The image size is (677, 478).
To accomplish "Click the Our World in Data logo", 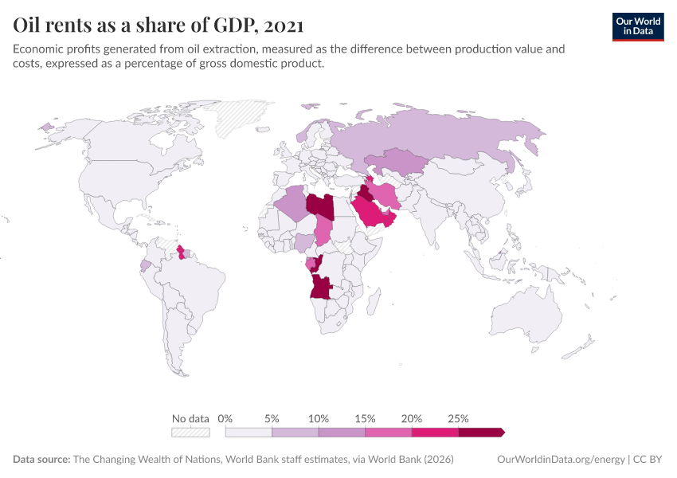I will click(x=638, y=26).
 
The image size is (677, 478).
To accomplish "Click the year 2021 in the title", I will click(x=282, y=25).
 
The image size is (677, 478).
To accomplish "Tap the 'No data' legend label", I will click(x=190, y=418).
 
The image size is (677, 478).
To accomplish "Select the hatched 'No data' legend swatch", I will click(x=190, y=432).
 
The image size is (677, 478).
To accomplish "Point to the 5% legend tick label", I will click(x=272, y=418).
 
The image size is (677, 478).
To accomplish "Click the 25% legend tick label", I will click(x=458, y=418).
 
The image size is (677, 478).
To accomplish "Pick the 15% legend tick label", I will click(x=365, y=418).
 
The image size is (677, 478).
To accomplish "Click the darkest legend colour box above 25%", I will click(x=481, y=432).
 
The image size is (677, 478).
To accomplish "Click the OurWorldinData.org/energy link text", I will click(x=560, y=460).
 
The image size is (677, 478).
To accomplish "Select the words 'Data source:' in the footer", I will click(x=41, y=460).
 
